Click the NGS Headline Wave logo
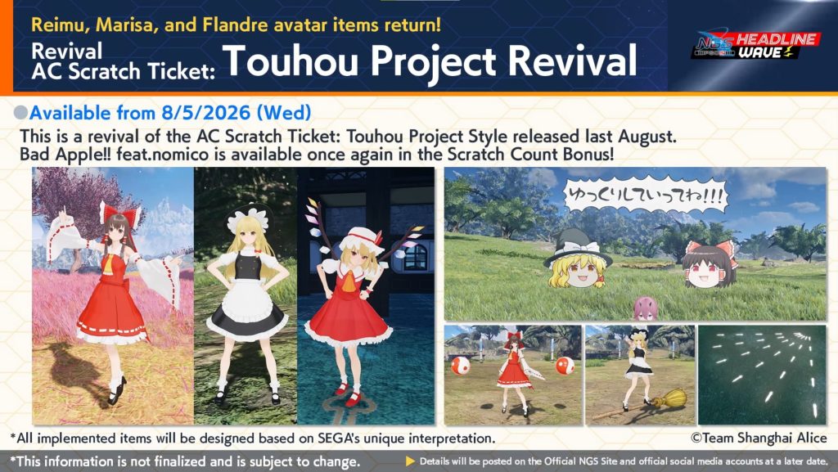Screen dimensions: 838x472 tap(755, 45)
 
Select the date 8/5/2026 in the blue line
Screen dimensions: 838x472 tap(204, 113)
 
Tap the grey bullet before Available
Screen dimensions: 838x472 tap(20, 113)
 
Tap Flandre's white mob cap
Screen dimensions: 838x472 tap(361, 239)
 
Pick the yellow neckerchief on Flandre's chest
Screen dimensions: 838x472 tap(349, 279)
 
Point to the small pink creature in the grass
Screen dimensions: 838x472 tap(646, 308)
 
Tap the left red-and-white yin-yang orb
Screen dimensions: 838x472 tap(460, 366)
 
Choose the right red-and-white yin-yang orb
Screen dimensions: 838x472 tap(565, 366)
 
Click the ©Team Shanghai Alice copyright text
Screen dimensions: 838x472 tap(759, 438)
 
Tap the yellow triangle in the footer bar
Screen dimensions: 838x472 tap(411, 461)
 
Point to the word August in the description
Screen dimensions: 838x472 tap(647, 137)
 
